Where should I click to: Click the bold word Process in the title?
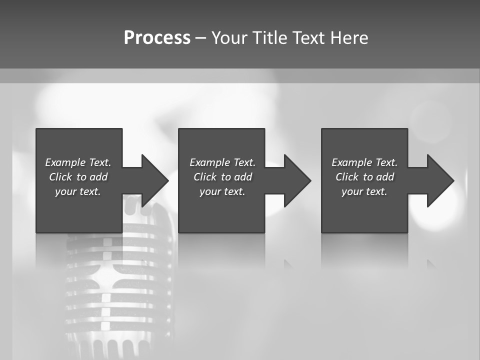(157, 38)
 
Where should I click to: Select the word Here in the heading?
(349, 38)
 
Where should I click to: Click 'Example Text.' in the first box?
(78, 162)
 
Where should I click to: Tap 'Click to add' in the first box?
(78, 177)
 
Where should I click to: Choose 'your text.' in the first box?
(78, 191)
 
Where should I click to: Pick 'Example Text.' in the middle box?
(222, 162)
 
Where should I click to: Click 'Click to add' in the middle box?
(222, 177)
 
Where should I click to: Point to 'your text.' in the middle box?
(222, 191)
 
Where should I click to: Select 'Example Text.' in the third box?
(364, 162)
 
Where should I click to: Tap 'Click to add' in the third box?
(364, 177)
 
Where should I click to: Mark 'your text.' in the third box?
(364, 191)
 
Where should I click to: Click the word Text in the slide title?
(309, 38)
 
